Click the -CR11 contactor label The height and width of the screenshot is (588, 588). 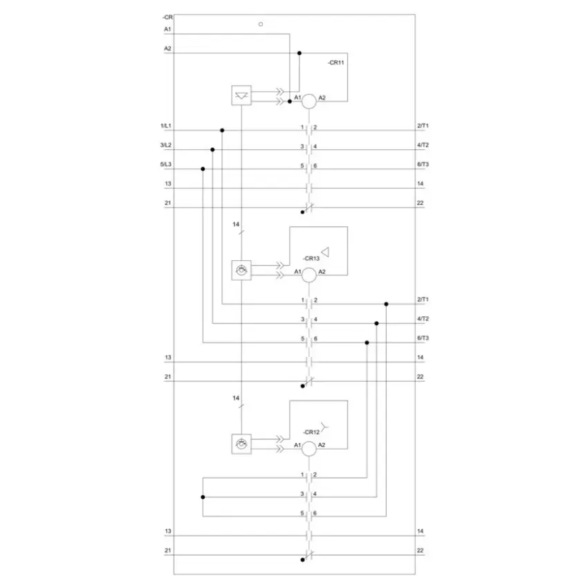point(336,63)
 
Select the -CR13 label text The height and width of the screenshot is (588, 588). point(311,259)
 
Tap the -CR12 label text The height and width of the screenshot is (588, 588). point(311,432)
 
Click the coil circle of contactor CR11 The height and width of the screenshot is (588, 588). point(309,101)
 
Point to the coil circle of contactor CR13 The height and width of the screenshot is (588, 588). point(309,275)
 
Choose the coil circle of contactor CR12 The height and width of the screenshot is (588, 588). point(309,448)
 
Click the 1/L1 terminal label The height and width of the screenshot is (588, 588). point(166,126)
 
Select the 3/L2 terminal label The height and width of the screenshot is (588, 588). point(166,145)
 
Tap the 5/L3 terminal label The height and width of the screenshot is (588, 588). point(166,164)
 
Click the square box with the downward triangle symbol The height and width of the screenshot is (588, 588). point(241,95)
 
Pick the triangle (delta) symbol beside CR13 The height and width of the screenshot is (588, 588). point(325,252)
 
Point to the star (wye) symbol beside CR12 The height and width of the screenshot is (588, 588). point(324,426)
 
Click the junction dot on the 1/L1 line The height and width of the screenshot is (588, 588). point(222,130)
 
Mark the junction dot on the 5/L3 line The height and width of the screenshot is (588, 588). point(203,169)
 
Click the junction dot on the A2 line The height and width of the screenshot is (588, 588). point(300,53)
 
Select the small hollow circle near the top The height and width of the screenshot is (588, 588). point(261,24)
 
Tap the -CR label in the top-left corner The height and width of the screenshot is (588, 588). point(167,17)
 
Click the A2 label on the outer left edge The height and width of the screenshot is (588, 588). point(167,48)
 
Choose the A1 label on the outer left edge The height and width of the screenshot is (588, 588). point(167,29)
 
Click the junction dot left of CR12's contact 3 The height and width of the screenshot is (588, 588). point(203,497)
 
